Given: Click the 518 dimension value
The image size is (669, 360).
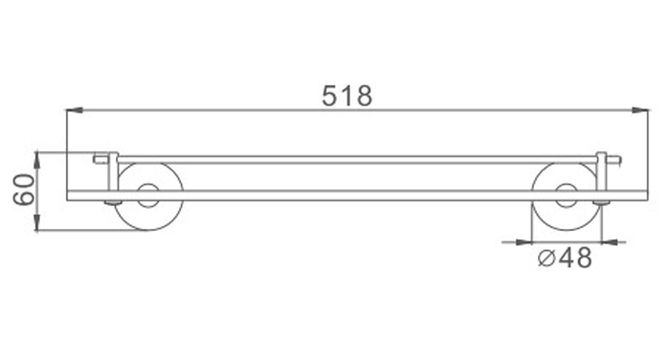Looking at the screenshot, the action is (x=347, y=96).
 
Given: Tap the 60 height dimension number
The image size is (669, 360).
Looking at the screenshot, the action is (x=24, y=190).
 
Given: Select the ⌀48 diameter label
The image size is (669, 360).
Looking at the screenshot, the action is (x=565, y=258).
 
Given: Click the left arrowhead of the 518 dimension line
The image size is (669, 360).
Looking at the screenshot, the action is (x=74, y=110).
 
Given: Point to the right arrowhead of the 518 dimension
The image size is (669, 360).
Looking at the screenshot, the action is (x=640, y=110).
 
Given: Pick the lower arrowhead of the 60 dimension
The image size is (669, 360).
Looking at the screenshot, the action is (x=37, y=222).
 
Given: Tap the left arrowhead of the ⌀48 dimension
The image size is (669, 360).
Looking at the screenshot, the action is (x=524, y=242).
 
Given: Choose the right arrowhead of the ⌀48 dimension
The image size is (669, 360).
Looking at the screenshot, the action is (x=610, y=242).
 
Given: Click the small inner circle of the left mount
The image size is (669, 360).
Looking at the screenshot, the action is (x=149, y=195).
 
